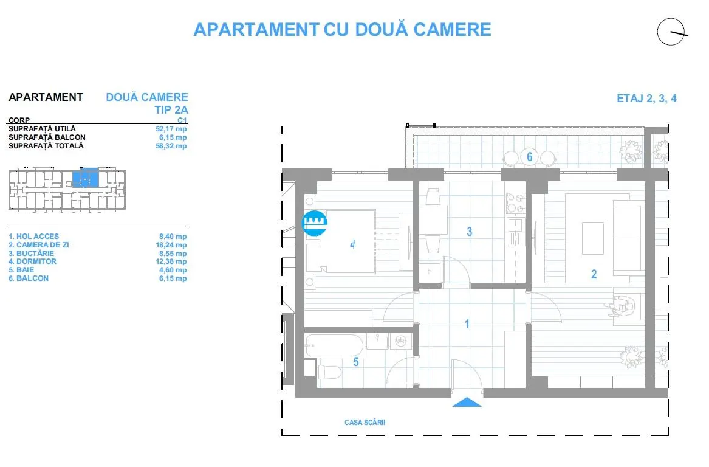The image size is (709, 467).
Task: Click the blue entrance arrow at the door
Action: tap(467, 403)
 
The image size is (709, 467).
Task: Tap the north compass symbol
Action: tap(672, 32)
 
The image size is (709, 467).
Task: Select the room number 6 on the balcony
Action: tap(530, 157)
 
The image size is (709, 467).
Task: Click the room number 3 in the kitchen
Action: tap(470, 232)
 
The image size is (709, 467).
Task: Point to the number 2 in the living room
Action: tap(594, 274)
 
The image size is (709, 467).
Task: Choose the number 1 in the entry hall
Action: tap(467, 324)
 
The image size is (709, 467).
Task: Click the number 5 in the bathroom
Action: tap(356, 362)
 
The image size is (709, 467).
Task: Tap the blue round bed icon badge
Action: tap(314, 223)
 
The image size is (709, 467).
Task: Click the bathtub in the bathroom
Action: tap(334, 346)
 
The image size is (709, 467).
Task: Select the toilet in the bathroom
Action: tap(330, 372)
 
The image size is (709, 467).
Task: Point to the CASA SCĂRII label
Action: tap(365, 422)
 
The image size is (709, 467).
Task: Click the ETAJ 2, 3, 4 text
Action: tap(646, 99)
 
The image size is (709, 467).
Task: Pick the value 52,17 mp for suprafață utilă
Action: tap(171, 129)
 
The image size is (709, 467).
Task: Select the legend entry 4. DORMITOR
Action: tap(33, 261)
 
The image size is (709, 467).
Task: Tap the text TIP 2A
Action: tap(171, 110)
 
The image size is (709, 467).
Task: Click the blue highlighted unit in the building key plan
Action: tap(85, 178)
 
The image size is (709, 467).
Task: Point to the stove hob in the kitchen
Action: tap(515, 203)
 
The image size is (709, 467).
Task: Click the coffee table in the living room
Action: tap(593, 238)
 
